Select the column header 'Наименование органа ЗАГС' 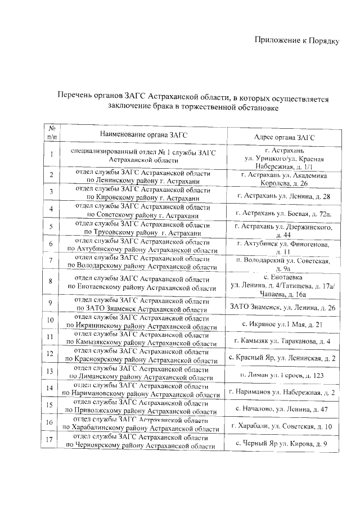click(x=143, y=135)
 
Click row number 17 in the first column click(x=51, y=440)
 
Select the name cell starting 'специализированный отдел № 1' click(x=143, y=156)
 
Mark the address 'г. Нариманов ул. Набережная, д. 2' click(x=283, y=392)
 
